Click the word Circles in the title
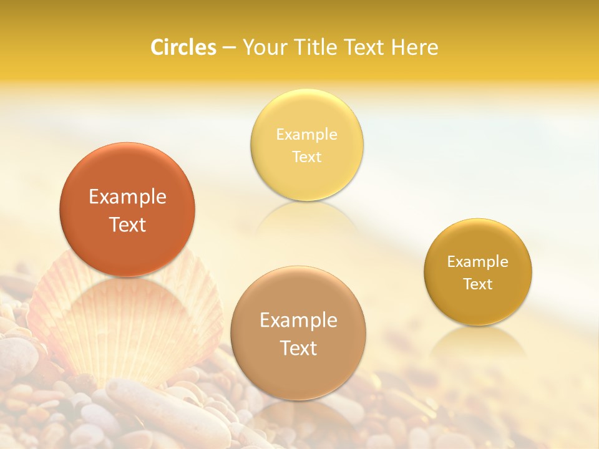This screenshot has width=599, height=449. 183,47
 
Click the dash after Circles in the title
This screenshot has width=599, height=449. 229,48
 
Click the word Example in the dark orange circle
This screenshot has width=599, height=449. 127,197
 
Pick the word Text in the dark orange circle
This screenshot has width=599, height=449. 127,224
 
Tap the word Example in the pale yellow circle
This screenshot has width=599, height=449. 306,135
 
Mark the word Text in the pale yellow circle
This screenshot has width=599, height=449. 306,157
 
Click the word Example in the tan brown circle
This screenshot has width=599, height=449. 298,321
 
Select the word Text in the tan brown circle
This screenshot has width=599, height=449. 298,348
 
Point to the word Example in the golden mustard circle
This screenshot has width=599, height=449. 478,262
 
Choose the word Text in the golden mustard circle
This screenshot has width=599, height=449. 478,284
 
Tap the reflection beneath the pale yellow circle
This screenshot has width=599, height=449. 306,218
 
